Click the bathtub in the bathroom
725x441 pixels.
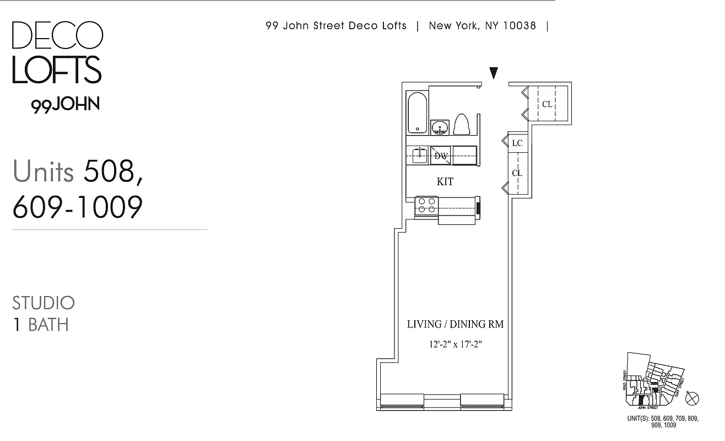(x=418, y=112)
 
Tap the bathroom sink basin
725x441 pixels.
(x=440, y=128)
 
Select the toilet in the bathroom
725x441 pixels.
(x=461, y=125)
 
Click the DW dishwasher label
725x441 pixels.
(x=440, y=156)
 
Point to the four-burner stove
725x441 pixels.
(x=426, y=206)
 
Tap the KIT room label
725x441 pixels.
(x=445, y=181)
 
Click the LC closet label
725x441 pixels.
(x=517, y=143)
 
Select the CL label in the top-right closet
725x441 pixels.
(x=547, y=104)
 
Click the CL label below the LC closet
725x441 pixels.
(x=517, y=173)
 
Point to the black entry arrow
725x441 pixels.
(x=494, y=73)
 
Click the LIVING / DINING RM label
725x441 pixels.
(x=455, y=324)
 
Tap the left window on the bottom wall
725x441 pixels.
(x=402, y=402)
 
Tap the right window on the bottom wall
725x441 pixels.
(x=482, y=402)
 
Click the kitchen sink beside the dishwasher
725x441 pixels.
(x=419, y=154)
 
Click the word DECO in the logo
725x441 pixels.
(x=57, y=35)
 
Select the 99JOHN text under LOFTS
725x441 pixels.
(x=66, y=105)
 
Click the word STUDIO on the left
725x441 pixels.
(x=44, y=303)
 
